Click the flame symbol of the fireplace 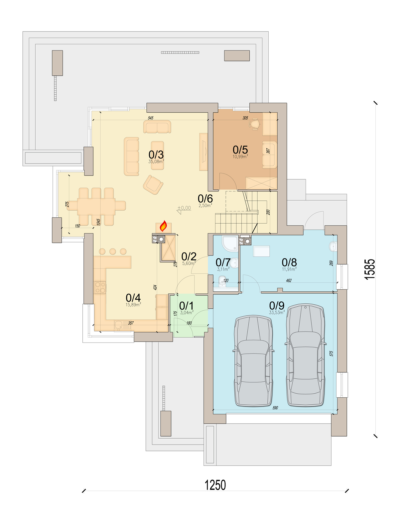pos(163,226)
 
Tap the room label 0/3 pos(156,154)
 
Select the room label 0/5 pos(240,150)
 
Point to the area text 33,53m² pos(277,312)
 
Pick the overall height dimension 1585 pos(370,269)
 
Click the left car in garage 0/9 pos(253,361)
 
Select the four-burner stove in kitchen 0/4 pos(100,287)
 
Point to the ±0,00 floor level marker pos(184,209)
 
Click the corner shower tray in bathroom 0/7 pos(230,243)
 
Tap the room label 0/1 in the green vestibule pos(187,306)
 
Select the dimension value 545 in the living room pos(151,118)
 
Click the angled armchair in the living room pos(153,185)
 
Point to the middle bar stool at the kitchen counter pos(112,252)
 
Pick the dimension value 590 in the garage pos(275,408)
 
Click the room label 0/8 pos(289,262)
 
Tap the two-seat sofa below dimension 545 pos(157,127)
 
